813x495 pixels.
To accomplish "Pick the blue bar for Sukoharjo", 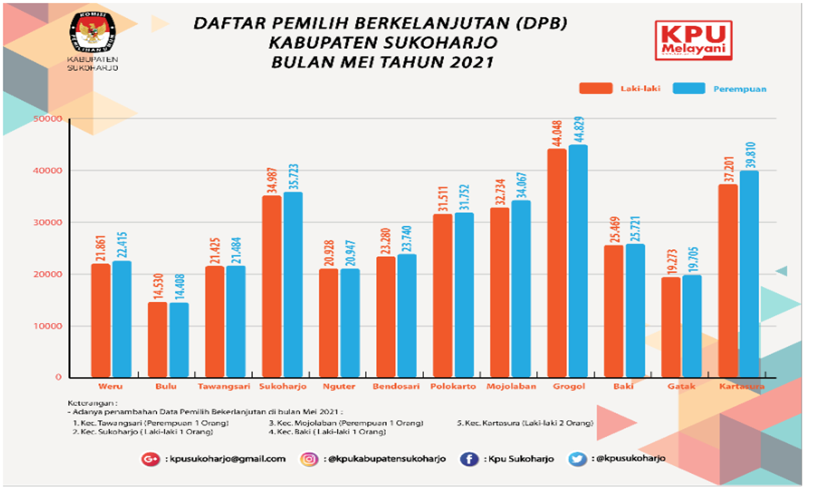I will click(x=292, y=284).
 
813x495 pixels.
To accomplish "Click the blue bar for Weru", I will click(x=122, y=319).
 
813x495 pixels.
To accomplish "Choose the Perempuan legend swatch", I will click(x=689, y=88).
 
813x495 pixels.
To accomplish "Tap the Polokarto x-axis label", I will click(x=454, y=387).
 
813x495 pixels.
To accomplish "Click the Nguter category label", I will click(x=340, y=387).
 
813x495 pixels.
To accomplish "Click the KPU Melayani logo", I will click(x=693, y=40).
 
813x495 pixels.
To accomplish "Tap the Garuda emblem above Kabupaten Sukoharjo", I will click(x=92, y=33).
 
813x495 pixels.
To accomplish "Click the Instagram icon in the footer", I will click(x=309, y=459).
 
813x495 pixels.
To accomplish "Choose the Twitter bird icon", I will click(x=577, y=459).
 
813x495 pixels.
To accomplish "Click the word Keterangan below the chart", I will click(x=86, y=404).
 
